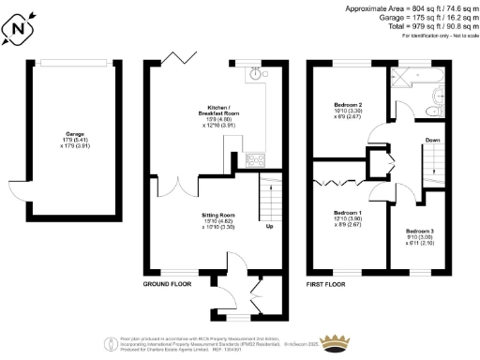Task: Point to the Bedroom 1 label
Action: (x=347, y=217)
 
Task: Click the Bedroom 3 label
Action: (x=420, y=234)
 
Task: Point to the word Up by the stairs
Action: (x=270, y=227)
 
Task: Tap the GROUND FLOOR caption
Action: (x=169, y=282)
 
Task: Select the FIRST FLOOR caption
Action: (x=329, y=282)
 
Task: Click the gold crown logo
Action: (x=336, y=339)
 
